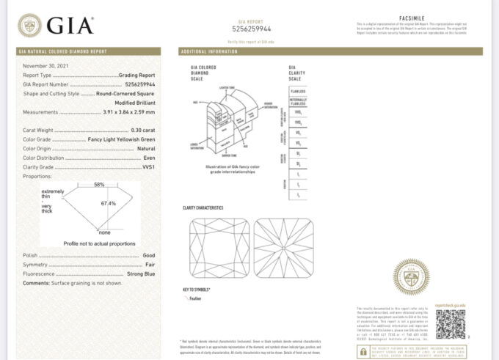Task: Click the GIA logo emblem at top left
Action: click(30, 26)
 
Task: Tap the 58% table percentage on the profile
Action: click(99, 185)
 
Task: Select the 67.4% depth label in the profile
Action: click(109, 203)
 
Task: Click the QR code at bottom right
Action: click(450, 323)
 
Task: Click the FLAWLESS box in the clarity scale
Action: click(297, 90)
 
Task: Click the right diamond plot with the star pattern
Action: click(283, 248)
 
